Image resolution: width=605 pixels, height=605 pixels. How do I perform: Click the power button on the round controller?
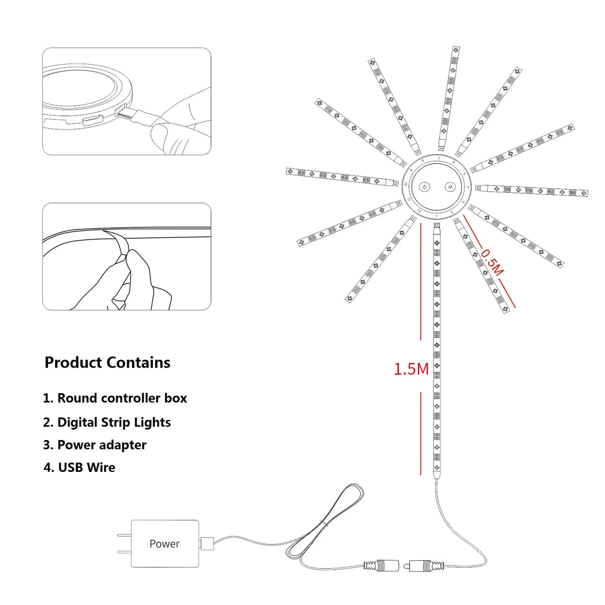point(425,187)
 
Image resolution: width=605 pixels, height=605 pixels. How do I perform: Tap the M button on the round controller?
point(450,187)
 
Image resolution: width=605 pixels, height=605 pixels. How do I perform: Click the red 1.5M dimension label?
point(411,369)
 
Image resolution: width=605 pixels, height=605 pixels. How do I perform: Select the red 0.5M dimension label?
point(492,263)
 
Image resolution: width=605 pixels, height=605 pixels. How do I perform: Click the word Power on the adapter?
point(164,543)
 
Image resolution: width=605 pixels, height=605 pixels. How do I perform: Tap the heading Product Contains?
point(107,363)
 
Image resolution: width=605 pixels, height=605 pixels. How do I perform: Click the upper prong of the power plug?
point(124,535)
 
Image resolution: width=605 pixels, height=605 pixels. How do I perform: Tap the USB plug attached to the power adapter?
point(207,543)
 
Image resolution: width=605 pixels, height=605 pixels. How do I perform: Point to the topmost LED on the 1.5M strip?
point(437,243)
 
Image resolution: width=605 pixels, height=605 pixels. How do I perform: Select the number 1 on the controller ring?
point(436,216)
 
